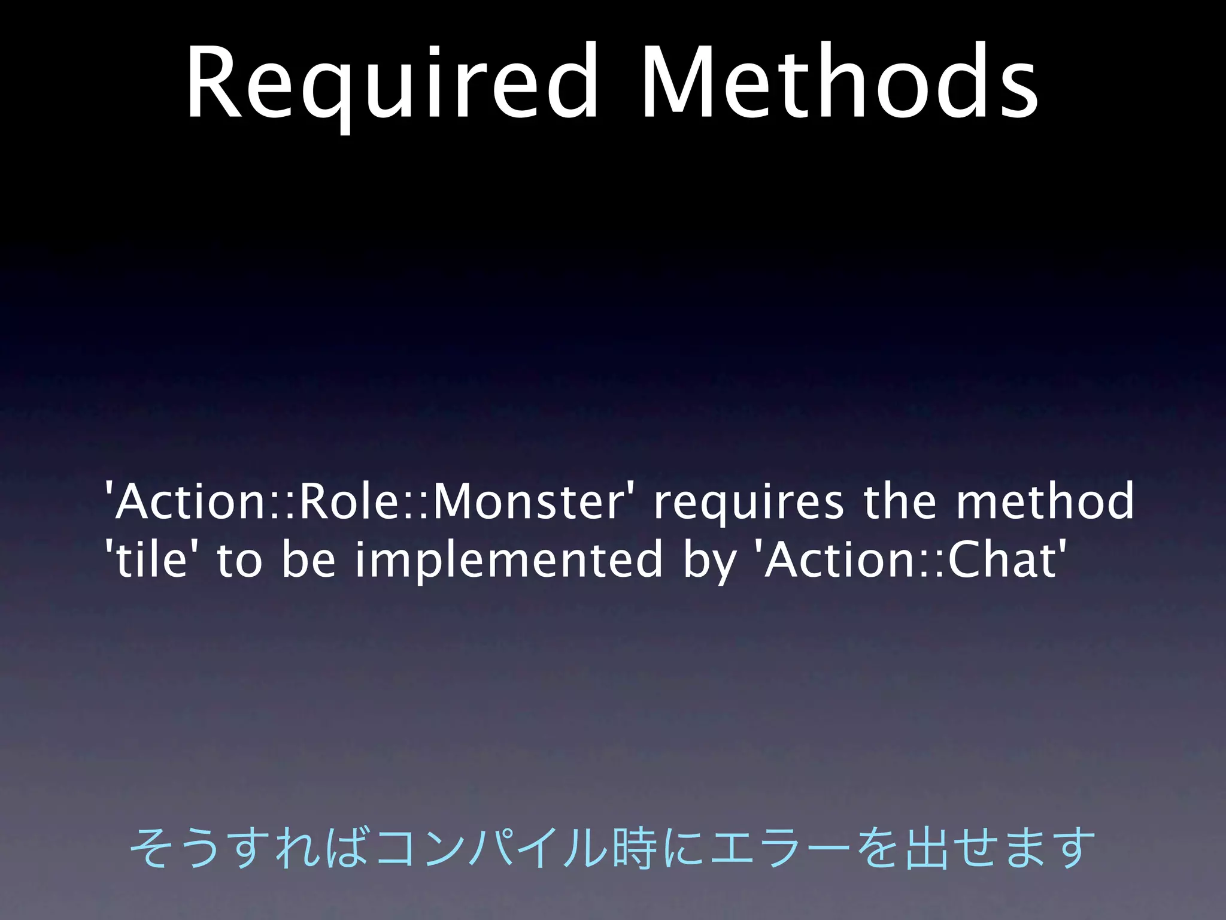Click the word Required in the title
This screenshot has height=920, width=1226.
point(392,84)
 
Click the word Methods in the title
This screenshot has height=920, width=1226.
point(838,84)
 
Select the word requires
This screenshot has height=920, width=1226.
point(748,502)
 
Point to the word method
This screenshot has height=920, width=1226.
point(1045,502)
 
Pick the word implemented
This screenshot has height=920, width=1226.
point(509,559)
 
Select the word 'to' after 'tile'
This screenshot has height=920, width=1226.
point(239,559)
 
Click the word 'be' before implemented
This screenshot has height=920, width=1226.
point(309,559)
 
